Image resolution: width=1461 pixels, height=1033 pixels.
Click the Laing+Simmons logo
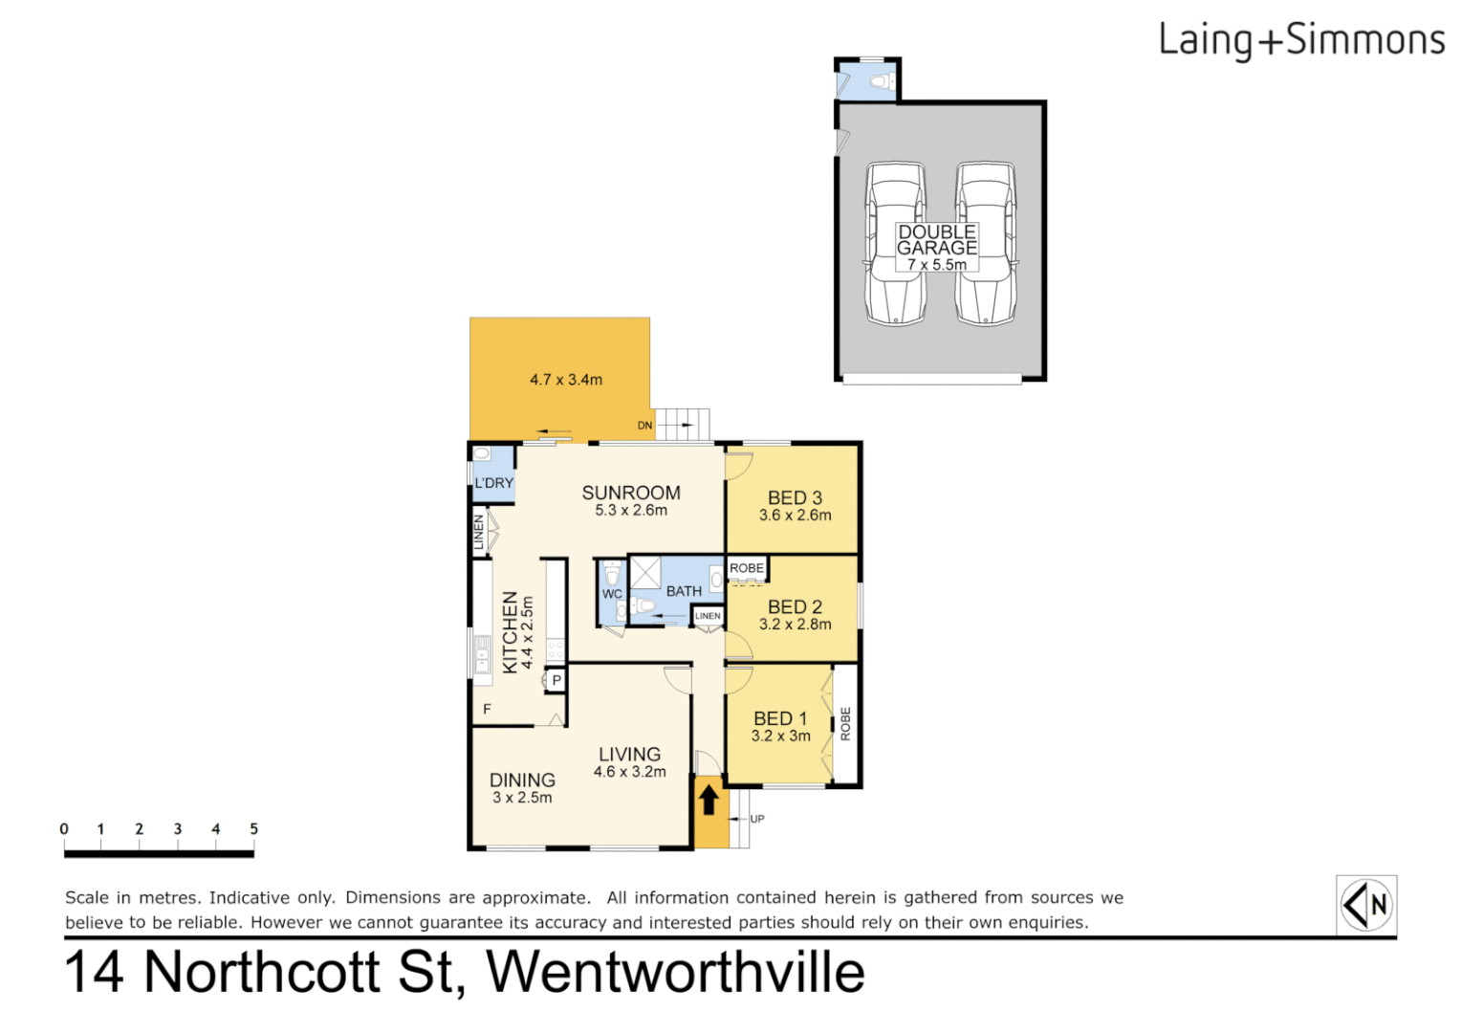tap(1300, 40)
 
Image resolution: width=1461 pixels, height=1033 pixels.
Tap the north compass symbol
tap(1365, 904)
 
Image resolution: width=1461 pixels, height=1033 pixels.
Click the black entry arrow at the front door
tap(709, 799)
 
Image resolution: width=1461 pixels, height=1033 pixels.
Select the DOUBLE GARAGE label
tap(937, 240)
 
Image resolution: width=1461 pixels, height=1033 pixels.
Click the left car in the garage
tap(895, 243)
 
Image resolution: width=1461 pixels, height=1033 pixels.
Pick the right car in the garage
tap(986, 243)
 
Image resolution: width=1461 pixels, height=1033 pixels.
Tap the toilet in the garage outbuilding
tap(882, 82)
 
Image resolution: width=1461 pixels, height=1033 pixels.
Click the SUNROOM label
tap(631, 493)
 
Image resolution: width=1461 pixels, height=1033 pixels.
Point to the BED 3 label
tap(795, 497)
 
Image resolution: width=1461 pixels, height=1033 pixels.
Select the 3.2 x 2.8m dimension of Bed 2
tap(795, 625)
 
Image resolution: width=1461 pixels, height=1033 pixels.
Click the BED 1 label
tap(780, 718)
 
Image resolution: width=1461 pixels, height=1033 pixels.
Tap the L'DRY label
tap(493, 483)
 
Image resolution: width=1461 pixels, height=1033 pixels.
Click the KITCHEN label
tap(511, 631)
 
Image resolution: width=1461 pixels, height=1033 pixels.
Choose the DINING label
tap(522, 780)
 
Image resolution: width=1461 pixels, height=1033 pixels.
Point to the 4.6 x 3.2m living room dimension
tap(629, 772)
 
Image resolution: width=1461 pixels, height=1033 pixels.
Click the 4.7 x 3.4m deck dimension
tap(566, 380)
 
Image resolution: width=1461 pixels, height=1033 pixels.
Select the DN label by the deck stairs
tap(645, 426)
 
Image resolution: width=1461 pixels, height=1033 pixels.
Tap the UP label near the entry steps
tap(757, 819)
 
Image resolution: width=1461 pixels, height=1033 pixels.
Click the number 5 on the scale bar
tap(253, 829)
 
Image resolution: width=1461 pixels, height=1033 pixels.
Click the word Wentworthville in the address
tap(675, 972)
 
